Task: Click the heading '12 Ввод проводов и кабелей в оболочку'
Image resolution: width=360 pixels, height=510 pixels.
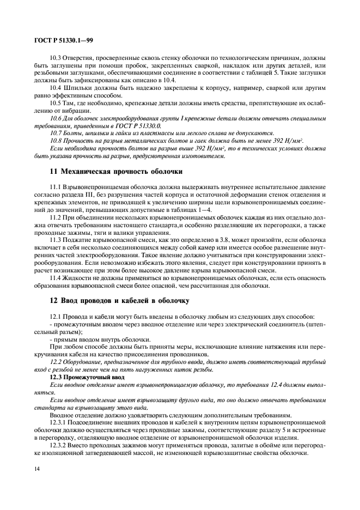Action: tap(120, 299)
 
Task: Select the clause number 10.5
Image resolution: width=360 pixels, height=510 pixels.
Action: tap(56, 102)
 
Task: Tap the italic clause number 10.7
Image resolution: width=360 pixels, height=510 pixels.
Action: tap(56, 132)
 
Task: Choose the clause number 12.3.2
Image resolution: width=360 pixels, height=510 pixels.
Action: tap(59, 445)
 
